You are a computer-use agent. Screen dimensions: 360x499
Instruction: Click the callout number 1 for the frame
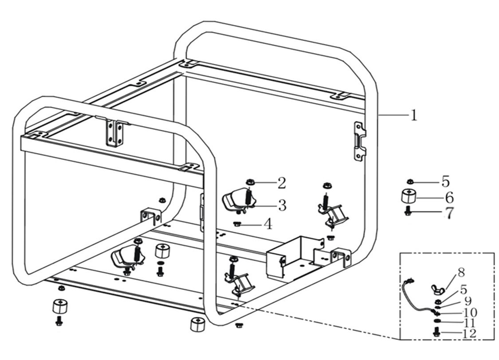(x=413, y=115)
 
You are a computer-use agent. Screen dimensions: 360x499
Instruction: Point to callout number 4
(x=267, y=224)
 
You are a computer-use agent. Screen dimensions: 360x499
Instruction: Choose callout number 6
(x=449, y=197)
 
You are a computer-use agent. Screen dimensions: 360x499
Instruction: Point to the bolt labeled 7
(x=408, y=212)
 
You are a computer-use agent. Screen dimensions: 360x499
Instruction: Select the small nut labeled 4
(x=237, y=223)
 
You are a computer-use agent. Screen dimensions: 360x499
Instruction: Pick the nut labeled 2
(x=250, y=182)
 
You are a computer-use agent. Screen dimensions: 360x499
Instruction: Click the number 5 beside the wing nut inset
(x=463, y=290)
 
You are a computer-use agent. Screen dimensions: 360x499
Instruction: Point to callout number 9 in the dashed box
(x=468, y=302)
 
